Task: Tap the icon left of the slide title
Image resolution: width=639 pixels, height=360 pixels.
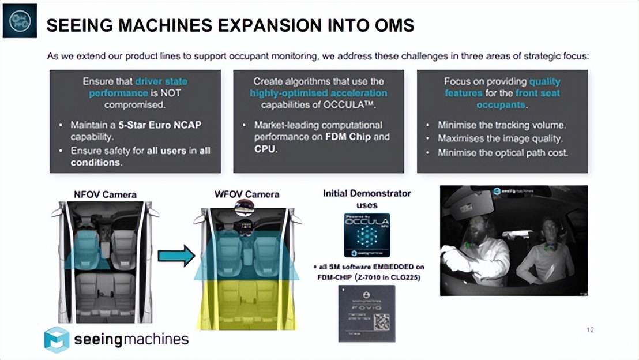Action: coord(20,20)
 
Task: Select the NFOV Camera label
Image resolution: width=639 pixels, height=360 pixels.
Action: coord(104,194)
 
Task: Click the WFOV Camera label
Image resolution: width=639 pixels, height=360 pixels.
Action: coord(247,194)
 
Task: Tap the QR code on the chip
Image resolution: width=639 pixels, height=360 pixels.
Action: coord(381,321)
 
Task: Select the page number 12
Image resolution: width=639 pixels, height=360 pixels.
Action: coord(589,330)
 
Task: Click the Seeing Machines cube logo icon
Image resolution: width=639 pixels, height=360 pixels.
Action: coord(57,339)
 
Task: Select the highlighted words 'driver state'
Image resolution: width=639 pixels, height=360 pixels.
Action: coord(161,81)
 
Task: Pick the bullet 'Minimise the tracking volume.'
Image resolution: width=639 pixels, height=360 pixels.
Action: coord(501,125)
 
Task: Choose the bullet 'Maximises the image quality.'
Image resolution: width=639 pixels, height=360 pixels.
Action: coord(500,138)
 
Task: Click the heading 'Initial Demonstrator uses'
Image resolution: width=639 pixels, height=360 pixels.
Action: coord(367,199)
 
